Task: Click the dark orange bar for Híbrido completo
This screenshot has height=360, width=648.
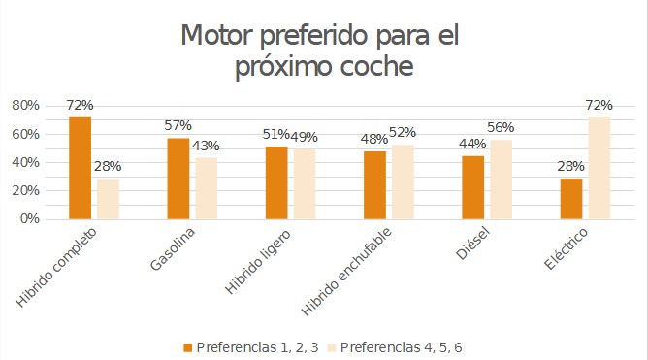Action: pyautogui.click(x=80, y=168)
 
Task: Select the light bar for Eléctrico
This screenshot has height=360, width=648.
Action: pyautogui.click(x=599, y=168)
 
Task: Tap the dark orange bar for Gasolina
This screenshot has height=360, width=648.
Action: pyautogui.click(x=178, y=179)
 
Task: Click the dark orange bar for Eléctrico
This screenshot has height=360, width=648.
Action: pyautogui.click(x=570, y=199)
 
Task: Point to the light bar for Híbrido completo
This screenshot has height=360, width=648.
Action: pyautogui.click(x=108, y=199)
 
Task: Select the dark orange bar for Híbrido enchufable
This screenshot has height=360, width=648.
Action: pyautogui.click(x=374, y=185)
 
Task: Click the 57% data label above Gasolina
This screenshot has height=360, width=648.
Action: pyautogui.click(x=178, y=126)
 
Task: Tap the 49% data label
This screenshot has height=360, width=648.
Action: pyautogui.click(x=305, y=137)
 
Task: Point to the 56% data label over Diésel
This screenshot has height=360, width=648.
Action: pyautogui.click(x=501, y=128)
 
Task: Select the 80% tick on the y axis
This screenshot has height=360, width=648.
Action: pyautogui.click(x=25, y=105)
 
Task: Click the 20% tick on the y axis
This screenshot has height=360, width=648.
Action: pyautogui.click(x=25, y=190)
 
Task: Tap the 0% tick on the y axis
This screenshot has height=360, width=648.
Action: pyautogui.click(x=29, y=218)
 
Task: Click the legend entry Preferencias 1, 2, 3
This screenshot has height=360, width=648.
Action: pyautogui.click(x=257, y=345)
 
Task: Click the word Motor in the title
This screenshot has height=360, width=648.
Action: pyautogui.click(x=222, y=36)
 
